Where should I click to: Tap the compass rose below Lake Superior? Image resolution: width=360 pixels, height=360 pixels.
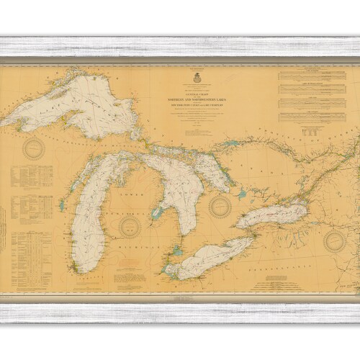(x=34, y=149)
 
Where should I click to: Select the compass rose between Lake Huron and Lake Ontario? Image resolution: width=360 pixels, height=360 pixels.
(x=219, y=207)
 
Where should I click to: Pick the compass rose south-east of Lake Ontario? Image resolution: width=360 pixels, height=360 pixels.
(x=333, y=240)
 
